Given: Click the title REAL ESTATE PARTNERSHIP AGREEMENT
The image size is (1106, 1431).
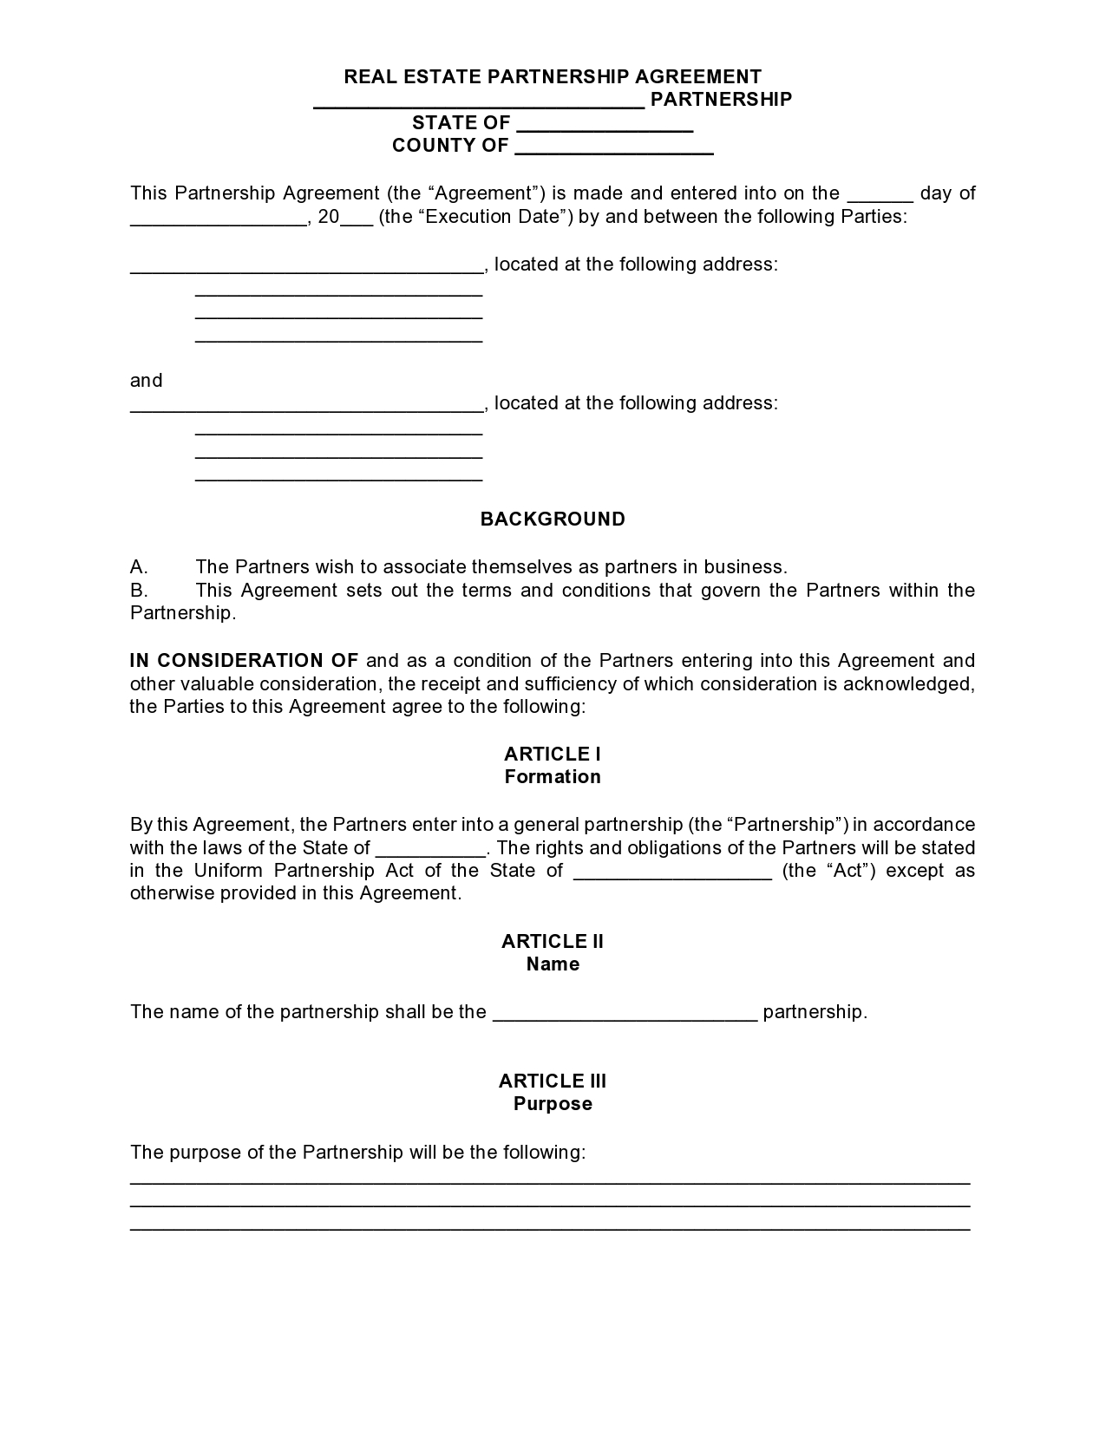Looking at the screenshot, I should tap(553, 76).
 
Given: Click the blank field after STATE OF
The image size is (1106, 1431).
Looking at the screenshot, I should tap(605, 124).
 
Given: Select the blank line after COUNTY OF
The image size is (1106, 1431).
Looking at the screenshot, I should tap(613, 147).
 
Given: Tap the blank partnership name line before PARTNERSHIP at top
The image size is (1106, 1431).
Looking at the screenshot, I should tap(479, 101).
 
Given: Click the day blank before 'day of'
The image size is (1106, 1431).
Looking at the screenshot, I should tap(880, 194).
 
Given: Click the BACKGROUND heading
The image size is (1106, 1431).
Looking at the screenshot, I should tap(553, 519).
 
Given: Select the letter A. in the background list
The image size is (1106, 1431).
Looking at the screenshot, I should tap(139, 567).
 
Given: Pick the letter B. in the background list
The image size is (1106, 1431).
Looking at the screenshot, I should tap(139, 591).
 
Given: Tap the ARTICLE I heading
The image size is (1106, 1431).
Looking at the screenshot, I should tap(553, 755).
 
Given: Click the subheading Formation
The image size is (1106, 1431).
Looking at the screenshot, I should tap(553, 777).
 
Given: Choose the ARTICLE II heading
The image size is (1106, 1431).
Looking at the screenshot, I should tap(553, 942).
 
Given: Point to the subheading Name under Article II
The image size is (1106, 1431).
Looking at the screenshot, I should tap(553, 964).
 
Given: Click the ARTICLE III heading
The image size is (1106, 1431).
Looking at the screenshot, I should tap(553, 1081).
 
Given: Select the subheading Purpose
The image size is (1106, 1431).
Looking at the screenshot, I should tap(553, 1104).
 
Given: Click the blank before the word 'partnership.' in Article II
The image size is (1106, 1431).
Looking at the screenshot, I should tap(625, 1013).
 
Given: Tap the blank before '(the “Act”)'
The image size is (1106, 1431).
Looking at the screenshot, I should tap(672, 872).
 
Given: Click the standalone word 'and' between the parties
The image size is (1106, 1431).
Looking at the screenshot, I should tap(147, 381).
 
